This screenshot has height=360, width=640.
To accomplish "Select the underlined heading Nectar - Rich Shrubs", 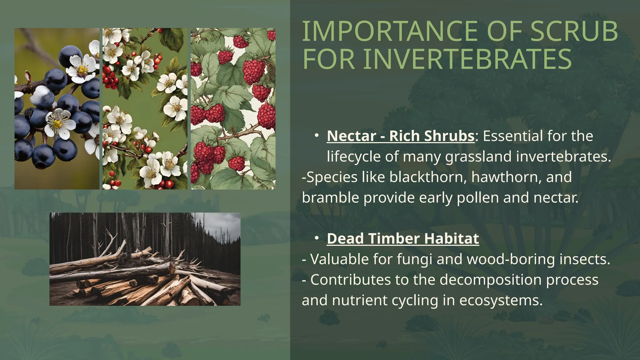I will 400,136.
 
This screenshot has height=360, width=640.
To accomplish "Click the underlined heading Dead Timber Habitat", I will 402,239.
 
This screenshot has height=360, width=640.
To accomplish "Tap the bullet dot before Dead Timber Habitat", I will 316,238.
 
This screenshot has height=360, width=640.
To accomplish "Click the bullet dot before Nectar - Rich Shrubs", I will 316,136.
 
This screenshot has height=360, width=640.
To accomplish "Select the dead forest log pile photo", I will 145,259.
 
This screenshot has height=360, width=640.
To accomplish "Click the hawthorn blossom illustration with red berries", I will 145,109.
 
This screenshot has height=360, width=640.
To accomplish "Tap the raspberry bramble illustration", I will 233,109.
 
